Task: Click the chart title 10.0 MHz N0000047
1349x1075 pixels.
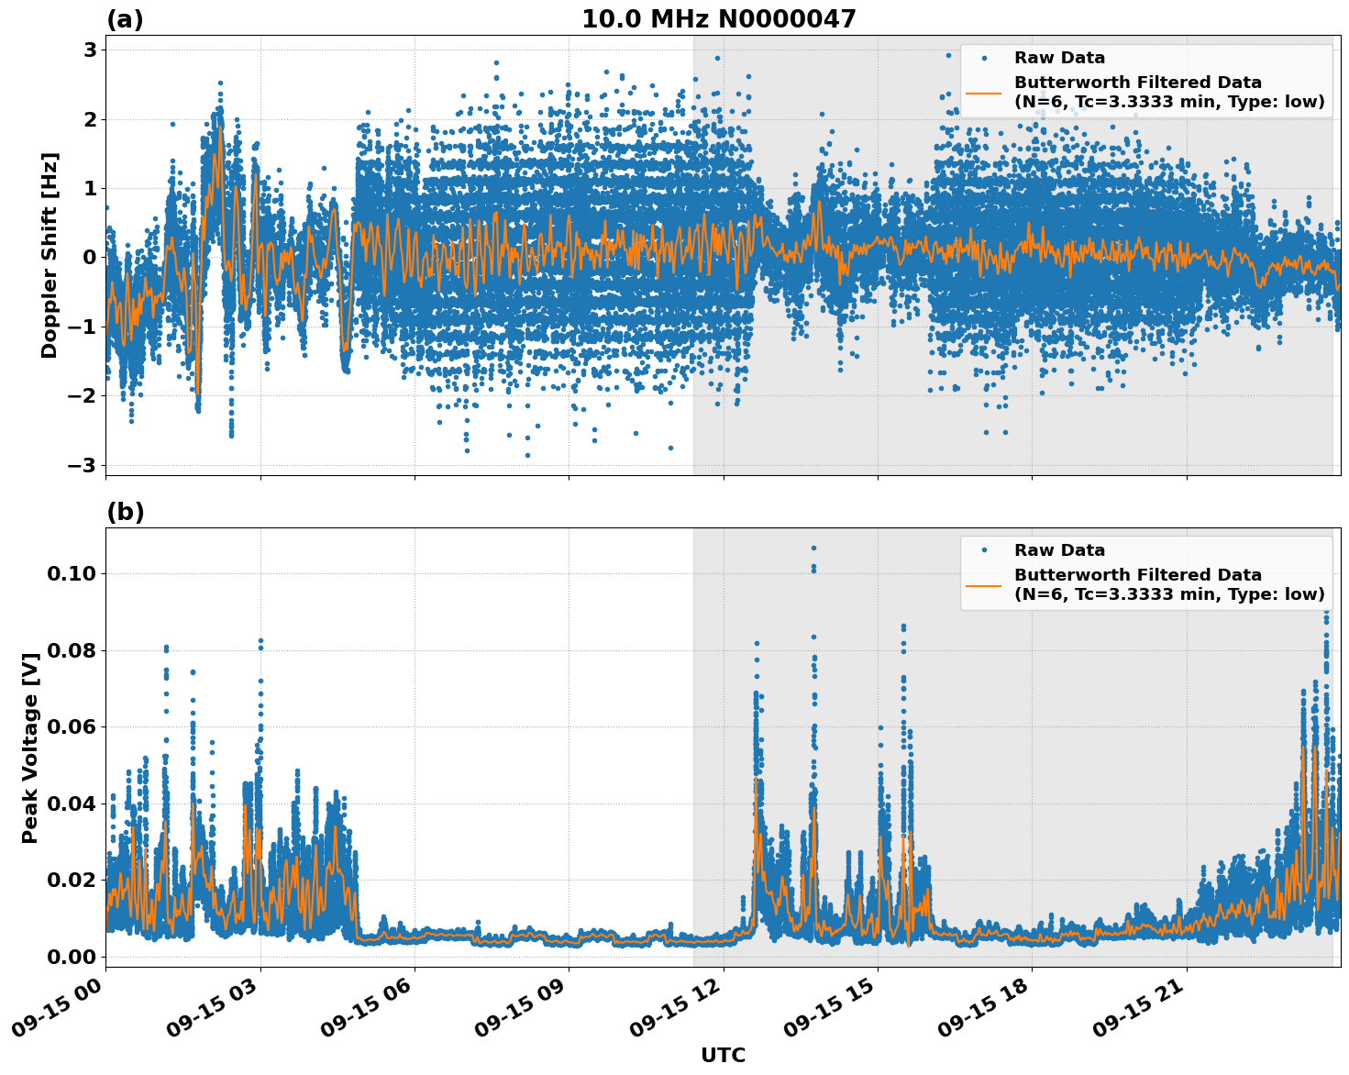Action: point(718,19)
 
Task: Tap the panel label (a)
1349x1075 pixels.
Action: point(125,19)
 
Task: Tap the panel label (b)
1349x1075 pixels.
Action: point(125,512)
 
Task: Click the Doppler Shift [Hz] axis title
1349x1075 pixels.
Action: point(50,255)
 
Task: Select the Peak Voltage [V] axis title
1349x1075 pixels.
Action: point(30,748)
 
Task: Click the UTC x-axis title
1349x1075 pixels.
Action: point(723,1055)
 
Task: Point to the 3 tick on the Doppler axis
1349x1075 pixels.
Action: point(90,50)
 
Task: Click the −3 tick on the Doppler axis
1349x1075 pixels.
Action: point(83,465)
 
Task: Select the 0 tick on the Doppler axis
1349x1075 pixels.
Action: point(90,258)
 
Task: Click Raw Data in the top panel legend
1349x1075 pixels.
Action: point(1059,59)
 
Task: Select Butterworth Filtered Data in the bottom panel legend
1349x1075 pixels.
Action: point(1137,575)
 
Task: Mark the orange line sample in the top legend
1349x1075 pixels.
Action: point(984,93)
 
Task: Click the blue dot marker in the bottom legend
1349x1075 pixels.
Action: point(984,550)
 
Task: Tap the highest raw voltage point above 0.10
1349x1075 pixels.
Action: point(813,549)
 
